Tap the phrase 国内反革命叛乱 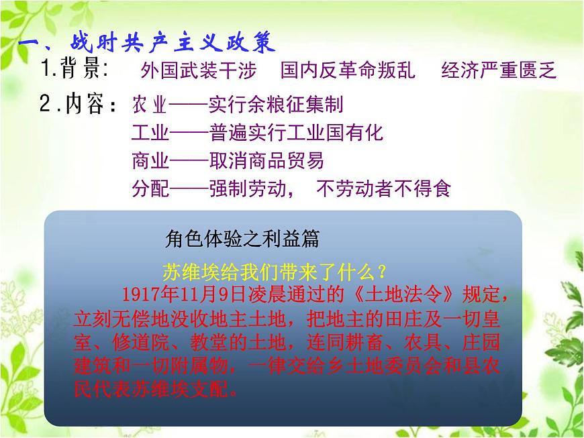[x=348, y=70]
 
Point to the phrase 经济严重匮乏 [x=499, y=70]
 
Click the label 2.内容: [x=80, y=105]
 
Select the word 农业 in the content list [x=149, y=105]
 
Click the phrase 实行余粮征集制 [x=276, y=105]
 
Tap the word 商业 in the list [x=150, y=161]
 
